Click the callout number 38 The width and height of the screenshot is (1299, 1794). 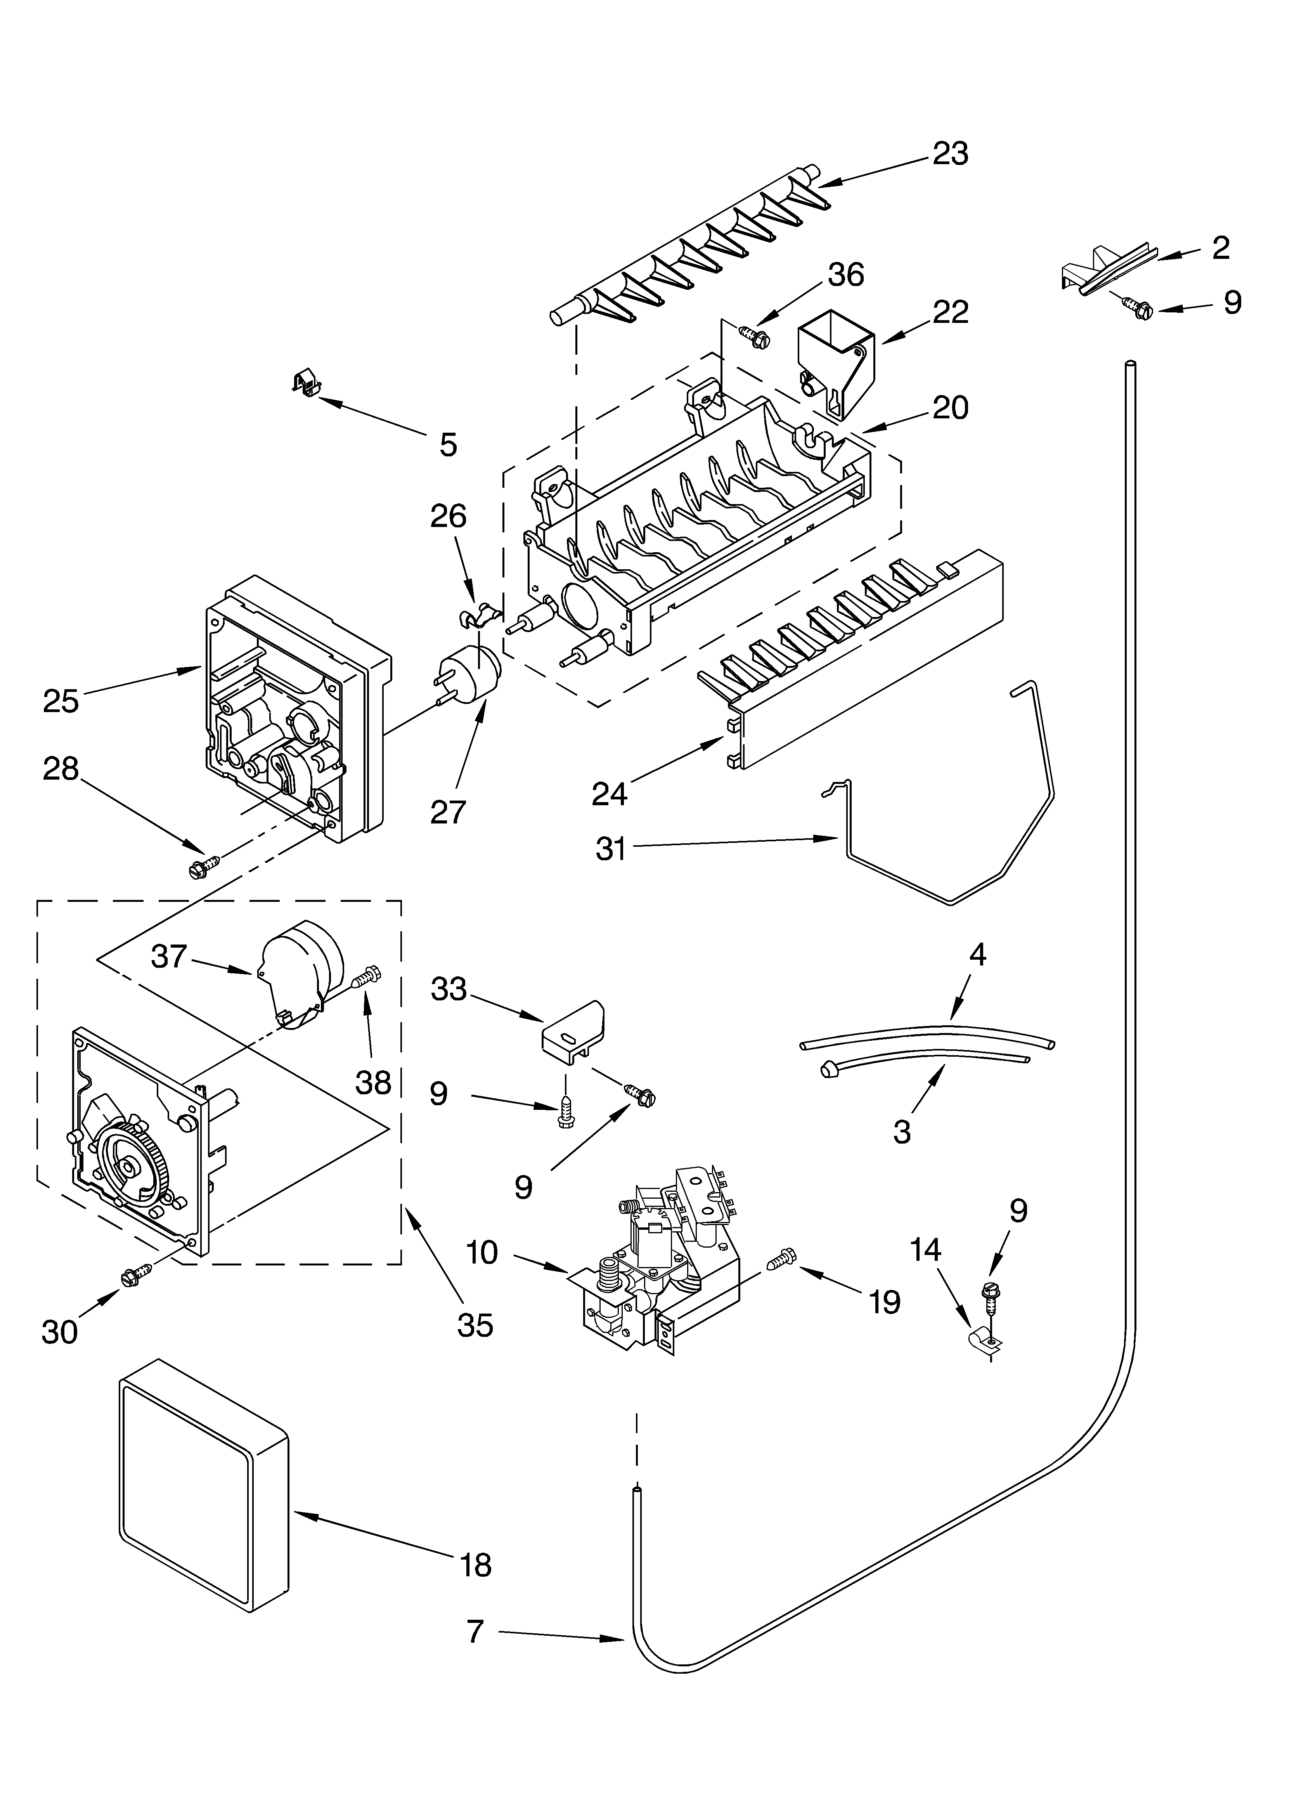tap(373, 1082)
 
